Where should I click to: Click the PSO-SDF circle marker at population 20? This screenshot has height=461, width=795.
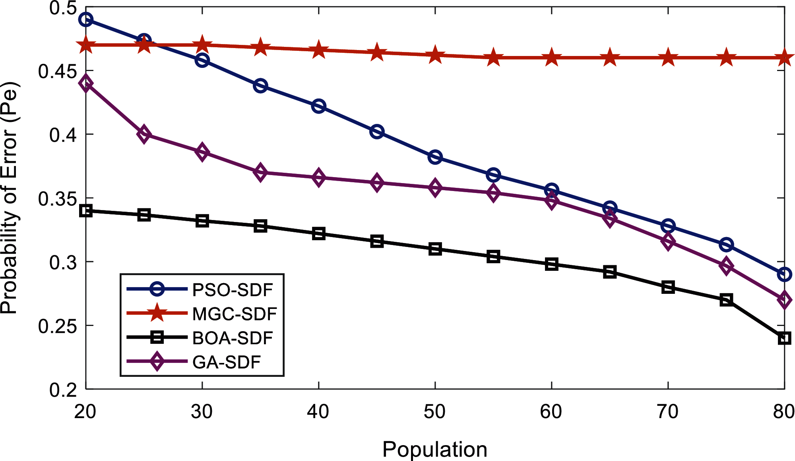tap(86, 19)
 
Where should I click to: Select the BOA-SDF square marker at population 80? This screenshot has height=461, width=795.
tap(784, 338)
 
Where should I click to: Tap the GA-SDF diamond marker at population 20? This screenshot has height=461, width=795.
tap(86, 84)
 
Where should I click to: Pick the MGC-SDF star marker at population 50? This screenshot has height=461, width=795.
tap(435, 55)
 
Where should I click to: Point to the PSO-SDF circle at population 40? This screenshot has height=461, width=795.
tap(319, 106)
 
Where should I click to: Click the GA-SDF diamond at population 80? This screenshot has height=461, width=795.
tap(784, 300)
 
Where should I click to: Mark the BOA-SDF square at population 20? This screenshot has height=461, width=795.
tap(86, 211)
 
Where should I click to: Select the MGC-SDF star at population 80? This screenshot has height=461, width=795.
tap(784, 58)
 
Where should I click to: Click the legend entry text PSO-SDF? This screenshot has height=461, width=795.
tap(233, 290)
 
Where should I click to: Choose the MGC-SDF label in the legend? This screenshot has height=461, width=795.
tap(235, 314)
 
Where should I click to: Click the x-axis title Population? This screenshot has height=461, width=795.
tap(435, 449)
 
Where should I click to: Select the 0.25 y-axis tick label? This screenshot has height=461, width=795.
tap(57, 326)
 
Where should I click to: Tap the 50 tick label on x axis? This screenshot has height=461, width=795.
tap(435, 412)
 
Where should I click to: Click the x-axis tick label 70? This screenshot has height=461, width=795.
tap(668, 412)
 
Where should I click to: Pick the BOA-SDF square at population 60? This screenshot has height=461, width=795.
tap(551, 264)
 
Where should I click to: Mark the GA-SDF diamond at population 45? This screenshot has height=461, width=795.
tap(377, 183)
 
